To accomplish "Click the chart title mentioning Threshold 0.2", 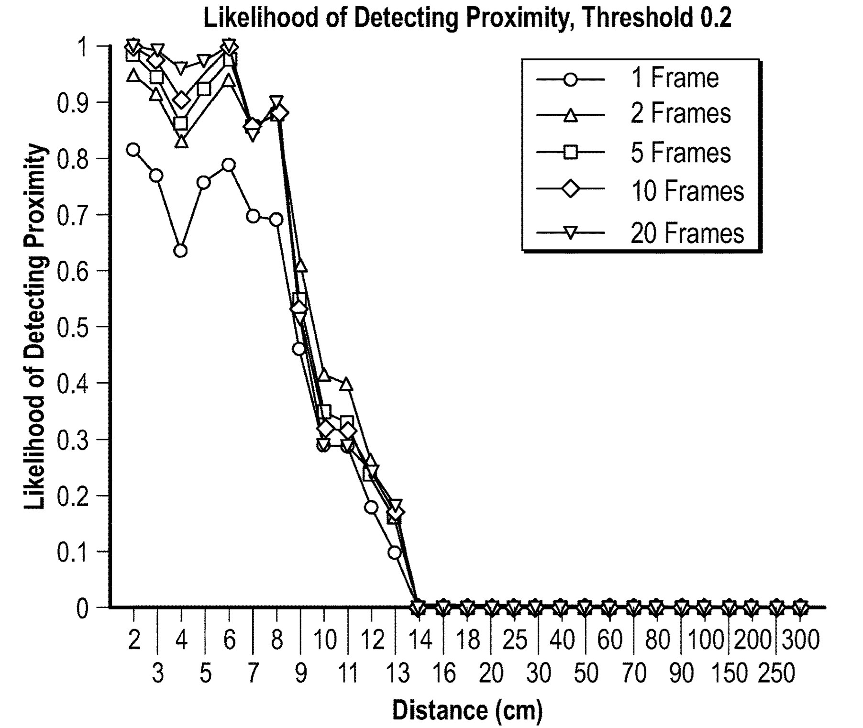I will tap(467, 18).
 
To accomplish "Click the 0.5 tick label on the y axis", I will tap(72, 327).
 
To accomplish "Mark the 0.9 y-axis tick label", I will tap(72, 103).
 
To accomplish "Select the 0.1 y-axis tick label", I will tap(72, 552).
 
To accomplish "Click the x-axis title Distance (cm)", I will tap(467, 710).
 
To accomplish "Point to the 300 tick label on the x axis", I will tap(800, 640).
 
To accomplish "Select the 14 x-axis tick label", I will tap(420, 640).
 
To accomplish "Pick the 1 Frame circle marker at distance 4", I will tap(180, 251).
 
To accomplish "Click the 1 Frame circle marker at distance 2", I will tap(133, 150).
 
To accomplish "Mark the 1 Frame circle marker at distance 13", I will tap(395, 552).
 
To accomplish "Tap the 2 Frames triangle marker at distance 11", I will tap(347, 384).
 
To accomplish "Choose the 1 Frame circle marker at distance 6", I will tap(229, 165).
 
